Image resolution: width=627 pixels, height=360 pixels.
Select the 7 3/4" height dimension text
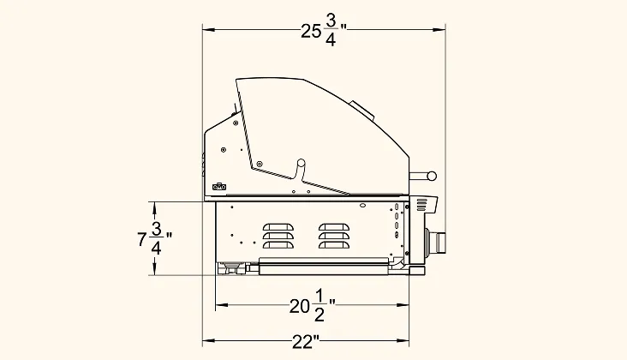pyautogui.click(x=155, y=238)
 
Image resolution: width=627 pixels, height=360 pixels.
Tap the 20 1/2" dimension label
pyautogui.click(x=313, y=305)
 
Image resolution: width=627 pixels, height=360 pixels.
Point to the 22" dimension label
pyautogui.click(x=306, y=342)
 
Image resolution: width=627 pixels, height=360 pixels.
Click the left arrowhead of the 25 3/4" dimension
pyautogui.click(x=209, y=30)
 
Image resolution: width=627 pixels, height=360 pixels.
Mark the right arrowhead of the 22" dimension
pyautogui.click(x=403, y=341)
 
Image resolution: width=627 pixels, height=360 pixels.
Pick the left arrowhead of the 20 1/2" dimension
pyautogui.click(x=222, y=305)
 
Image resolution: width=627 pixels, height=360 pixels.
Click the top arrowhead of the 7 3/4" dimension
pyautogui.click(x=155, y=208)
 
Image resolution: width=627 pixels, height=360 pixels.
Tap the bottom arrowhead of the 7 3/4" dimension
pyautogui.click(x=155, y=269)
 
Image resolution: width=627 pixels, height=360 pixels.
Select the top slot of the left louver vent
pyautogui.click(x=278, y=227)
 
